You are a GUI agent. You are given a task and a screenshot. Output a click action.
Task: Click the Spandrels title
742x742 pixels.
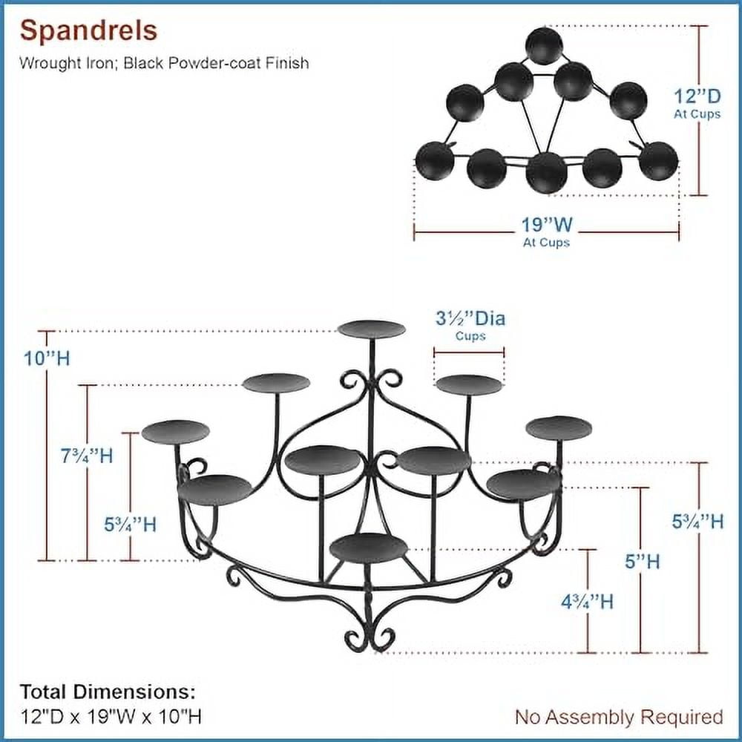[x=88, y=31]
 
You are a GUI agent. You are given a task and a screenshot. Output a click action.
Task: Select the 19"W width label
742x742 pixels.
[x=545, y=225]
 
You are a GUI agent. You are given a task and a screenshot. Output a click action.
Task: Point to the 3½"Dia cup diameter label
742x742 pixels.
[x=470, y=319]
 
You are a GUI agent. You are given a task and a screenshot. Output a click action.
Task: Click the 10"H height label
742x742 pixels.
[x=46, y=358]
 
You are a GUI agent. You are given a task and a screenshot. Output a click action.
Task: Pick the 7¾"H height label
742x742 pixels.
[x=88, y=455]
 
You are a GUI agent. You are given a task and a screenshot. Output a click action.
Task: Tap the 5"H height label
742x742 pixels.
[x=642, y=562]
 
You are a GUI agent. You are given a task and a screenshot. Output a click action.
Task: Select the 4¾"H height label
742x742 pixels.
[x=587, y=602]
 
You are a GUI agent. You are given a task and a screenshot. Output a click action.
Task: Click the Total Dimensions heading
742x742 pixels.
[x=108, y=692]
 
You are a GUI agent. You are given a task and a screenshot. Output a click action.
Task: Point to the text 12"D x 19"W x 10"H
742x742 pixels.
[x=111, y=717]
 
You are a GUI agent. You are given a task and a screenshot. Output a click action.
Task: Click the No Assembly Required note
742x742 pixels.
[x=619, y=717]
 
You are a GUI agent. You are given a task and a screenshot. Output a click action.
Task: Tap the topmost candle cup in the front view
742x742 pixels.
[x=371, y=329]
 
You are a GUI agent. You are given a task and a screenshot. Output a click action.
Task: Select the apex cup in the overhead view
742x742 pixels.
[x=544, y=46]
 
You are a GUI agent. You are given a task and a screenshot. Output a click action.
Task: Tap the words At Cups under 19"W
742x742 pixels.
[x=545, y=243]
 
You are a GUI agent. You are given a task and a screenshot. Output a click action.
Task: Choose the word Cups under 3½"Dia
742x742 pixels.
[x=470, y=336]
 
